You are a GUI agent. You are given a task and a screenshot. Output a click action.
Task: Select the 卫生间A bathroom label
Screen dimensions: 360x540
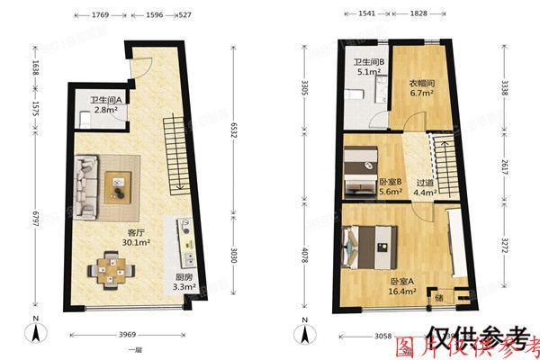click(107, 100)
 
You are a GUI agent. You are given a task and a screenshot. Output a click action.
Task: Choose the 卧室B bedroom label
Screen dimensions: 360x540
click(390, 179)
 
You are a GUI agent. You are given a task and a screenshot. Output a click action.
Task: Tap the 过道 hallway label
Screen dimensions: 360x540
click(424, 181)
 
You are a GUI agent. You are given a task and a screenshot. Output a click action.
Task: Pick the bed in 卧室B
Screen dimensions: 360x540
click(364, 171)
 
